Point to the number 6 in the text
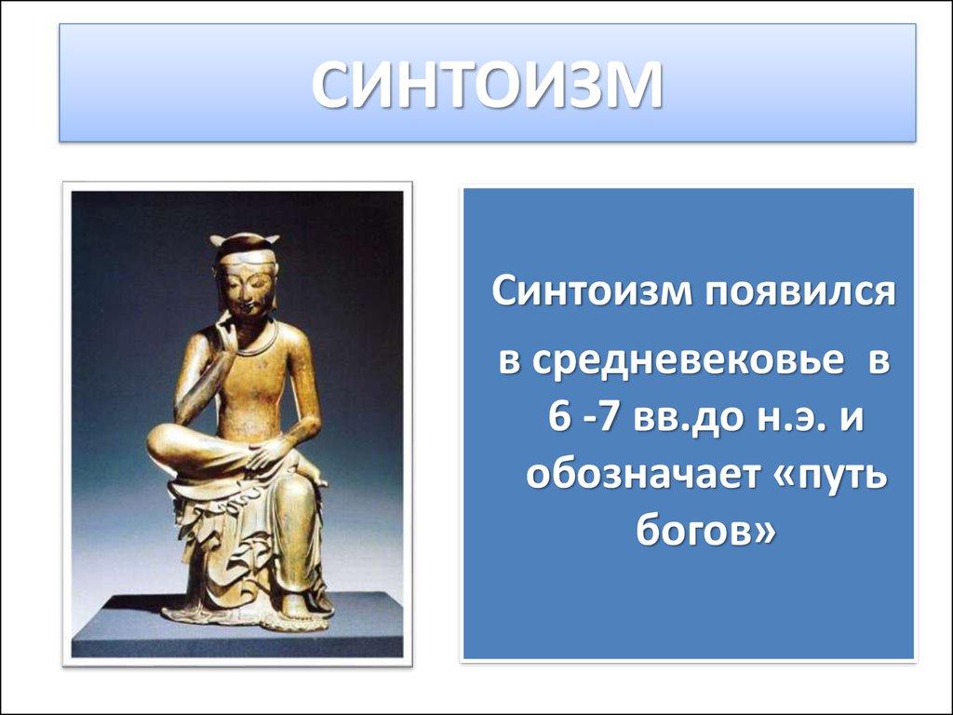(x=558, y=414)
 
